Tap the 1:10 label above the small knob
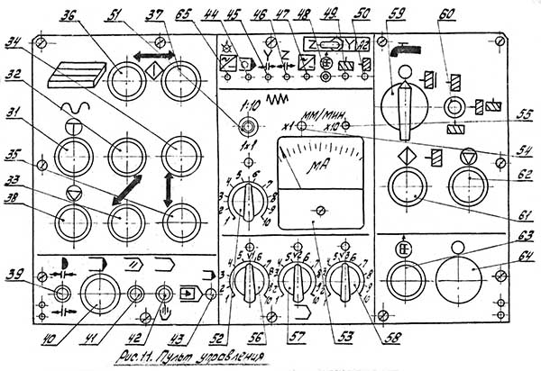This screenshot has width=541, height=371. (x=252, y=103)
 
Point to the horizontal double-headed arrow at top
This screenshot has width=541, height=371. (x=148, y=55)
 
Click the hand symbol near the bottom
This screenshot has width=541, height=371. (x=165, y=313)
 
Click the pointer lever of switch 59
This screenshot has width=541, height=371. (x=405, y=101)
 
